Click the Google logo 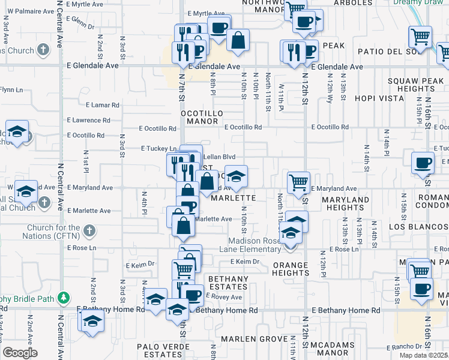coord(20,353)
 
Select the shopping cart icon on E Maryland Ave coord(298,182)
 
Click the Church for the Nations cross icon coord(89,230)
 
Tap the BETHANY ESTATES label coord(228,283)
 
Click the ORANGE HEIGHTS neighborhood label coord(291,269)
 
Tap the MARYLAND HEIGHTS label coord(345,203)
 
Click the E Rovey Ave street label coord(224,297)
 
